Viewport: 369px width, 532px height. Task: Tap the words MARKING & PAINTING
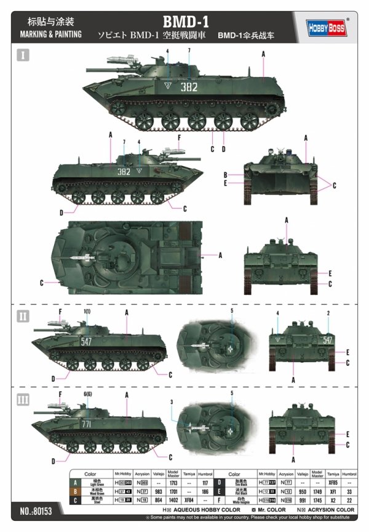(47, 34)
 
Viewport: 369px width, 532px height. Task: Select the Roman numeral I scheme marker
(22, 56)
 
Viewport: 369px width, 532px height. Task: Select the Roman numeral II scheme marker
(23, 316)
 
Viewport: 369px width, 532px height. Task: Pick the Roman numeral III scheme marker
(23, 400)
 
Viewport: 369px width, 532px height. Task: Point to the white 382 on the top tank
(189, 87)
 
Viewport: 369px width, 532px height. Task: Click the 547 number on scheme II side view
(86, 341)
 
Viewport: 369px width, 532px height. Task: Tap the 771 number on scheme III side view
(87, 424)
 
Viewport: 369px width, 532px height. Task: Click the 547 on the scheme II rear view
(328, 340)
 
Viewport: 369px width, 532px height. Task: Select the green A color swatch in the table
(75, 482)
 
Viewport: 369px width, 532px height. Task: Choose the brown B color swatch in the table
(75, 491)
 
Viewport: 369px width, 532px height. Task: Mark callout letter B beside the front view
(226, 174)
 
